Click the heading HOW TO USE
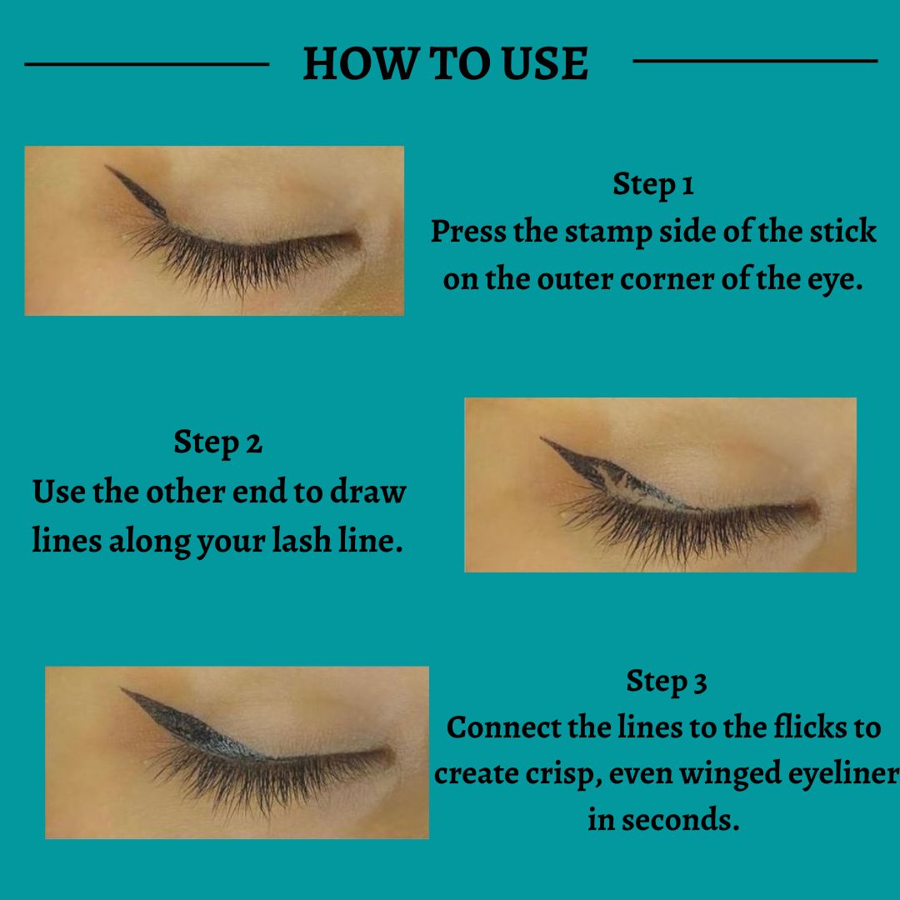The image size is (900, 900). (445, 63)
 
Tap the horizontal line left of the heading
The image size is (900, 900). (147, 64)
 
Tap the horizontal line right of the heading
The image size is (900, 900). (755, 60)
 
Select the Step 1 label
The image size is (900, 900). (653, 184)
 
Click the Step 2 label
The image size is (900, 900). (218, 442)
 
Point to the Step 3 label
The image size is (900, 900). (667, 682)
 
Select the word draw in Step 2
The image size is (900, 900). (368, 492)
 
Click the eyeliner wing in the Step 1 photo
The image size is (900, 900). (137, 192)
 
